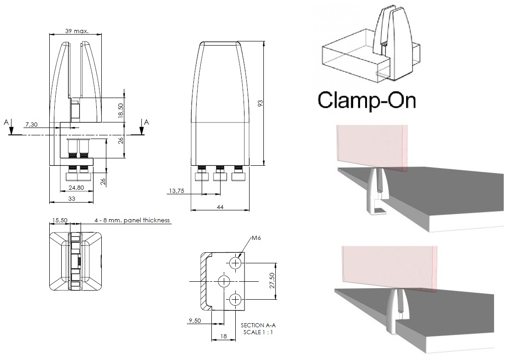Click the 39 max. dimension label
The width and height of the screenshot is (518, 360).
76,31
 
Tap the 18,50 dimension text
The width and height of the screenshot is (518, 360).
121,111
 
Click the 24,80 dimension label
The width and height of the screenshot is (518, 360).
76,187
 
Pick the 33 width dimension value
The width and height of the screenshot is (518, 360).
72,198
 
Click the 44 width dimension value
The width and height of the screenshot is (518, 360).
220,208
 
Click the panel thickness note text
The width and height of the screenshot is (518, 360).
133,221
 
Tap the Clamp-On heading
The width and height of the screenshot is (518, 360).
366,100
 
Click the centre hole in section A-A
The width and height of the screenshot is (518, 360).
224,281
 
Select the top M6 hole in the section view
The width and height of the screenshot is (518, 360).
236,263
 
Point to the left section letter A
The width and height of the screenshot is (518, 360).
6,122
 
